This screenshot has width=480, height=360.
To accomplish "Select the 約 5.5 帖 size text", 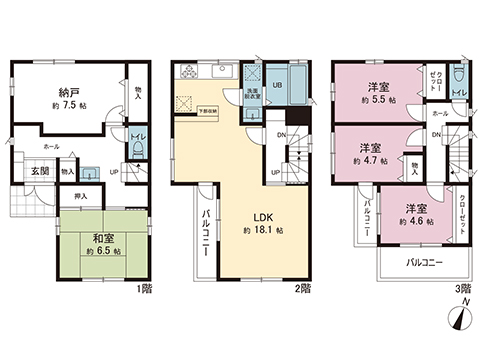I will (378, 99).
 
